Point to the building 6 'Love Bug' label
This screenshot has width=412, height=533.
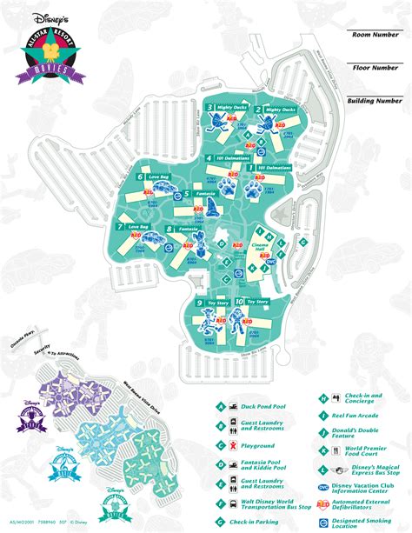coord(156,177)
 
